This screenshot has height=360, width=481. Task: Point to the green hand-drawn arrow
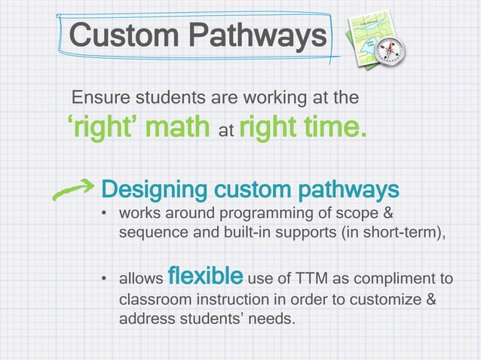(73, 188)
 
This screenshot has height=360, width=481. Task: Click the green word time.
(336, 129)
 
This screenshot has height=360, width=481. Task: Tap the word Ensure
(98, 98)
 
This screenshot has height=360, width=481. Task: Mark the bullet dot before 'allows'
(104, 281)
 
